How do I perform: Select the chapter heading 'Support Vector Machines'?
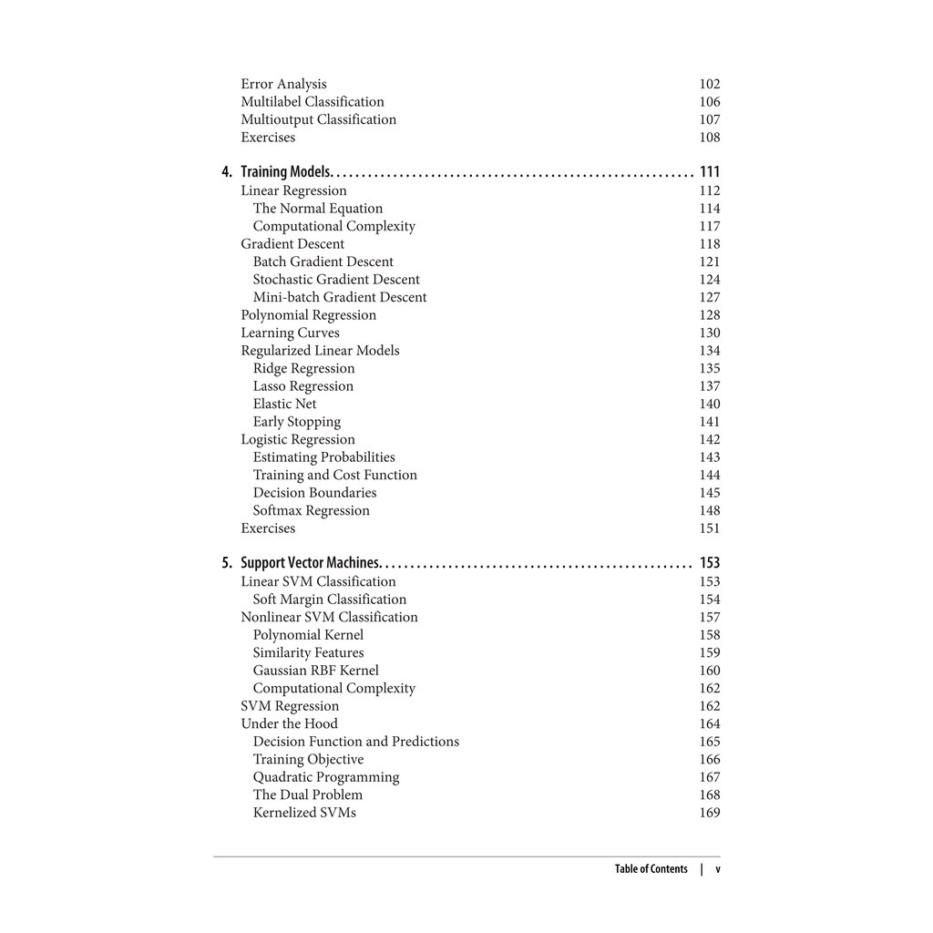[310, 563]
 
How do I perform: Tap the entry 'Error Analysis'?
[283, 84]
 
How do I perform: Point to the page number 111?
[710, 172]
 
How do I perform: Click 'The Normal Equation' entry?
[318, 209]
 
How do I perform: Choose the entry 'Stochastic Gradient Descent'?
[336, 280]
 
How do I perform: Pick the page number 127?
[710, 297]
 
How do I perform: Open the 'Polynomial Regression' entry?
[308, 315]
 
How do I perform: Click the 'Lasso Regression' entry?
[303, 386]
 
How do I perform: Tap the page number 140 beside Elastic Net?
[710, 404]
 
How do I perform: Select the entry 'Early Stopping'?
[297, 422]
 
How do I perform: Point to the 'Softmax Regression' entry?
[312, 510]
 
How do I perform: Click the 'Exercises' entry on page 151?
[268, 528]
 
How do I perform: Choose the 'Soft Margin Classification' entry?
[330, 600]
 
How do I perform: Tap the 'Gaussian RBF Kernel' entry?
[316, 671]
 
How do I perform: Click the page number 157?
[710, 617]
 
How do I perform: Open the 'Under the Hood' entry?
[289, 723]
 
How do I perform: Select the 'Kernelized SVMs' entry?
[304, 813]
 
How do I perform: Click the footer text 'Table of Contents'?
[651, 869]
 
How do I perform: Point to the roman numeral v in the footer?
[718, 869]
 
